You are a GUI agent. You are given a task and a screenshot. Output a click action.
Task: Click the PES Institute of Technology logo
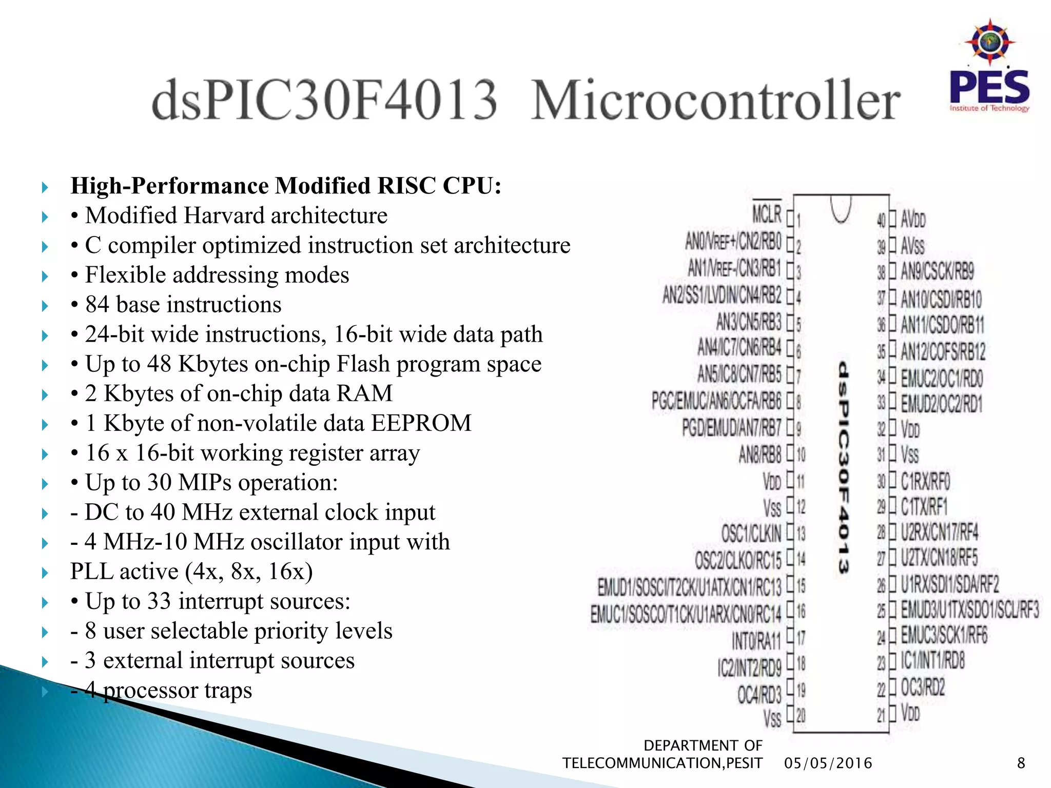989,67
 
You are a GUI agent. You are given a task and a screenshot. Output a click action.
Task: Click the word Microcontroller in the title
715,101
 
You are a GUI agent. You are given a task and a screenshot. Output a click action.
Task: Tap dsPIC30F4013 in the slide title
324,101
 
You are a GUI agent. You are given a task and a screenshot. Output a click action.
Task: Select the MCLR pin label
767,214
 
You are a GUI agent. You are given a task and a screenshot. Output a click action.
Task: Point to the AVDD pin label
913,220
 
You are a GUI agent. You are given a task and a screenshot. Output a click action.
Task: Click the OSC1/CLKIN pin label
751,534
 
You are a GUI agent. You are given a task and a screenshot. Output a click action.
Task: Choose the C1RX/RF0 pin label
925,481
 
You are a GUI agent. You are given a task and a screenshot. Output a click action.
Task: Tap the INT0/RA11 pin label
756,640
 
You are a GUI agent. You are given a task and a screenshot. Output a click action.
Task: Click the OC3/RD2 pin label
923,687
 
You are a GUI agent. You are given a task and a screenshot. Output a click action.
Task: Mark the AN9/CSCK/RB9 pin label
937,271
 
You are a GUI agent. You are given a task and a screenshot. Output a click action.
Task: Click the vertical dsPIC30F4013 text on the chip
843,467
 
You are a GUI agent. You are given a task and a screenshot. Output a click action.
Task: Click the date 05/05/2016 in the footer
828,763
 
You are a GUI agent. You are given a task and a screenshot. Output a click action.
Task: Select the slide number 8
1021,763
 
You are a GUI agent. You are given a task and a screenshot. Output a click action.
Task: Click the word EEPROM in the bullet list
421,423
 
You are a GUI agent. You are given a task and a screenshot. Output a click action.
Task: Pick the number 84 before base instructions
98,305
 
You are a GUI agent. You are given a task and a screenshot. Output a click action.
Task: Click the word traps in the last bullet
228,691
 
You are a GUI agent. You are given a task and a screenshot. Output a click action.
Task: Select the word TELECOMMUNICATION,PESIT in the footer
662,763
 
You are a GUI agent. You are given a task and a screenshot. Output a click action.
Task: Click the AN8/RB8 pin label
760,455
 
